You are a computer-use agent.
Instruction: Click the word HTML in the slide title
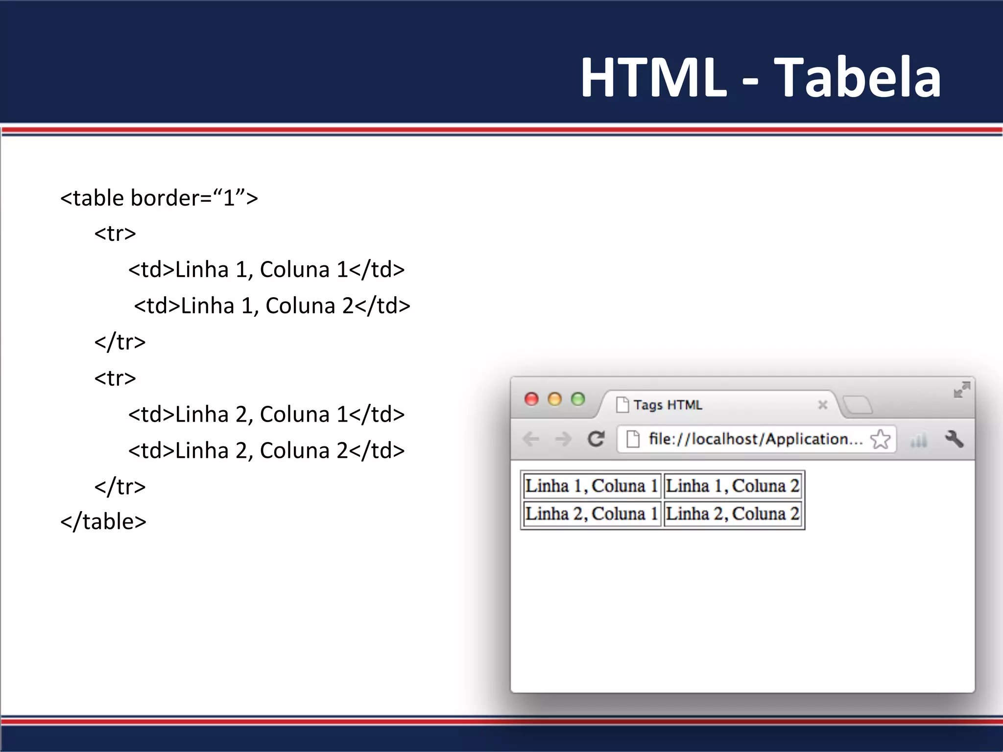(x=653, y=77)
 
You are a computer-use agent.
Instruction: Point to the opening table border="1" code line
(x=159, y=198)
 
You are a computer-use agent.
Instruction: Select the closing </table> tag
(x=103, y=522)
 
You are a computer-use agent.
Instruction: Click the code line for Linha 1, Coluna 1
(x=266, y=270)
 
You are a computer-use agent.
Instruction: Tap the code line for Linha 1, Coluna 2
(x=272, y=306)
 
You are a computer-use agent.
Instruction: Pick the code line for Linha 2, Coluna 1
(x=266, y=415)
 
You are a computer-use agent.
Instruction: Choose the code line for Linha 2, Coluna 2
(x=266, y=451)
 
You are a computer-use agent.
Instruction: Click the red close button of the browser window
(x=531, y=399)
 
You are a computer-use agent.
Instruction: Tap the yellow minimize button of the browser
(x=554, y=399)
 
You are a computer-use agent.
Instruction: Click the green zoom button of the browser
(x=578, y=399)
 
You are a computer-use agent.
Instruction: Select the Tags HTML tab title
(x=668, y=405)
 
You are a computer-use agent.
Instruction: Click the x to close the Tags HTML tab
(x=823, y=405)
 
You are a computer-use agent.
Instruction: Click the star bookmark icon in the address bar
(x=880, y=439)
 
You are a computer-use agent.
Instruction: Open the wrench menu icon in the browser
(x=954, y=439)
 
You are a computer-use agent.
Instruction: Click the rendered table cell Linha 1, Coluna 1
(x=592, y=486)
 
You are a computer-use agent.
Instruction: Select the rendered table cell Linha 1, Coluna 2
(x=733, y=486)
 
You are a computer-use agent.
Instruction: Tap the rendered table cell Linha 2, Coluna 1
(x=592, y=514)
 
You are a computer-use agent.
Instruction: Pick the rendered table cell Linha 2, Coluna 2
(x=733, y=514)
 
